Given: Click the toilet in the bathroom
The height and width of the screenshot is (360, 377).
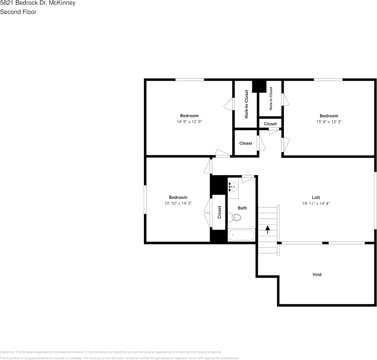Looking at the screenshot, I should [x=235, y=217].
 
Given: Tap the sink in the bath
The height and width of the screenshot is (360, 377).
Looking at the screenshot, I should [x=233, y=187].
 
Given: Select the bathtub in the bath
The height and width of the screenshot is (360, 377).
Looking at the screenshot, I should [x=241, y=235].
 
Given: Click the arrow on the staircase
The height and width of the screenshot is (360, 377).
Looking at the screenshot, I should [x=268, y=229].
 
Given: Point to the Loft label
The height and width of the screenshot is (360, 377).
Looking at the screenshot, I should [x=316, y=197].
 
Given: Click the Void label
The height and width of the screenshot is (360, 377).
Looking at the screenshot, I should [x=317, y=274].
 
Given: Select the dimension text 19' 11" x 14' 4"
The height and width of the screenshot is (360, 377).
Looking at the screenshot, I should [x=316, y=203].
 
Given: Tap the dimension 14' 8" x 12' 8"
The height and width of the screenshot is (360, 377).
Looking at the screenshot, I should [x=189, y=122].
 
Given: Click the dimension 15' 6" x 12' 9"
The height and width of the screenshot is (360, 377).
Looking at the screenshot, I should [x=329, y=122].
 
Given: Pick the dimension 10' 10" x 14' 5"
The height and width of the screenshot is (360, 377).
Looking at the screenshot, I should [x=178, y=203].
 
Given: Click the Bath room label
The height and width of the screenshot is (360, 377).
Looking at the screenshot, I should [x=242, y=208].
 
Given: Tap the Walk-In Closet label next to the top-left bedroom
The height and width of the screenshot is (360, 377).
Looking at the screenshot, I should [x=246, y=104].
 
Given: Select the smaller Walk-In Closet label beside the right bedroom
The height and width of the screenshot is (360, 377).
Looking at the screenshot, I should [x=271, y=99].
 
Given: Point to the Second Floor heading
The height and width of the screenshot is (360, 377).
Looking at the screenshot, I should [x=18, y=12].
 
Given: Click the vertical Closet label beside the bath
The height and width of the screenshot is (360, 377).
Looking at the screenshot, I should [x=219, y=212].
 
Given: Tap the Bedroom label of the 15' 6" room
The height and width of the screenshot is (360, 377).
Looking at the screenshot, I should [x=329, y=116].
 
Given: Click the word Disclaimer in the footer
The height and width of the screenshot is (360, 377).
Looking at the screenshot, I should [x=8, y=352].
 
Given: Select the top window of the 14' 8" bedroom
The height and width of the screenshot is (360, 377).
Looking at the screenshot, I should [x=189, y=79].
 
